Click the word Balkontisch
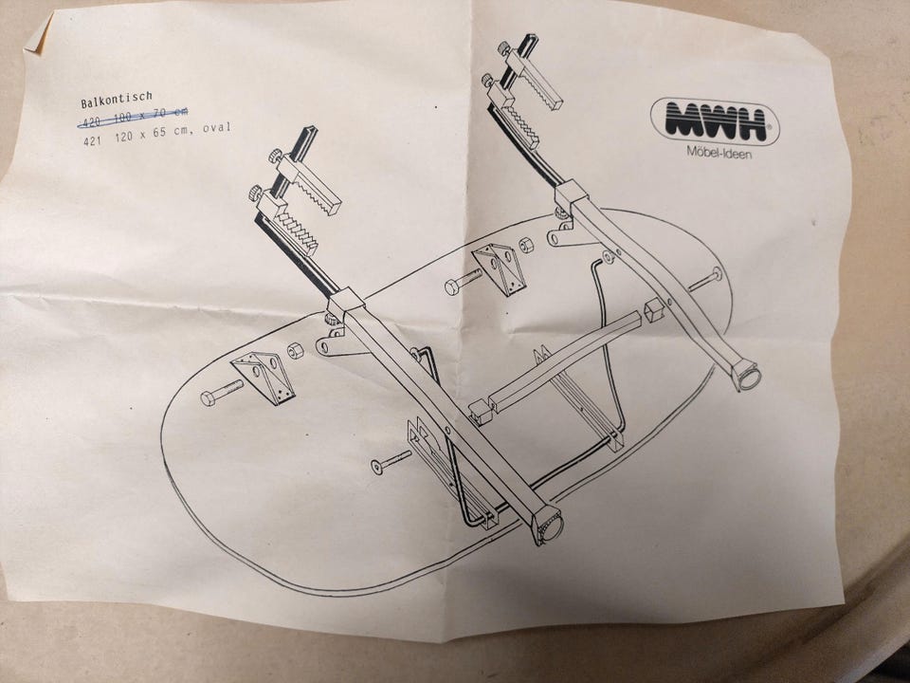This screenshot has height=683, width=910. (x=116, y=100)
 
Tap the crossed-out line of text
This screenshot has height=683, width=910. (x=133, y=116)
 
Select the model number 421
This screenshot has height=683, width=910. (x=92, y=140)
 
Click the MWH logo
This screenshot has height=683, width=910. (x=715, y=121)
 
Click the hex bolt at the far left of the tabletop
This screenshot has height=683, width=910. (x=222, y=393)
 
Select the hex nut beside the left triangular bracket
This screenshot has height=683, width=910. (x=296, y=350)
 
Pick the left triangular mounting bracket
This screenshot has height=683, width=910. (x=264, y=377)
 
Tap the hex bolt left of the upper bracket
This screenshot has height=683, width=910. (x=464, y=281)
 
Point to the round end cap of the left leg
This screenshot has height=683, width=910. (x=549, y=526)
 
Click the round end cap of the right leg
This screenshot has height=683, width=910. (x=747, y=376)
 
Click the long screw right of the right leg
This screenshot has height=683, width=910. (x=704, y=279)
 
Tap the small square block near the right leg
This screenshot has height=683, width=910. (x=654, y=310)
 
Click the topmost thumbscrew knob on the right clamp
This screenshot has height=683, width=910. (x=503, y=48)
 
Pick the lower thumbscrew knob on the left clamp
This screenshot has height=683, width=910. (x=255, y=193)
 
